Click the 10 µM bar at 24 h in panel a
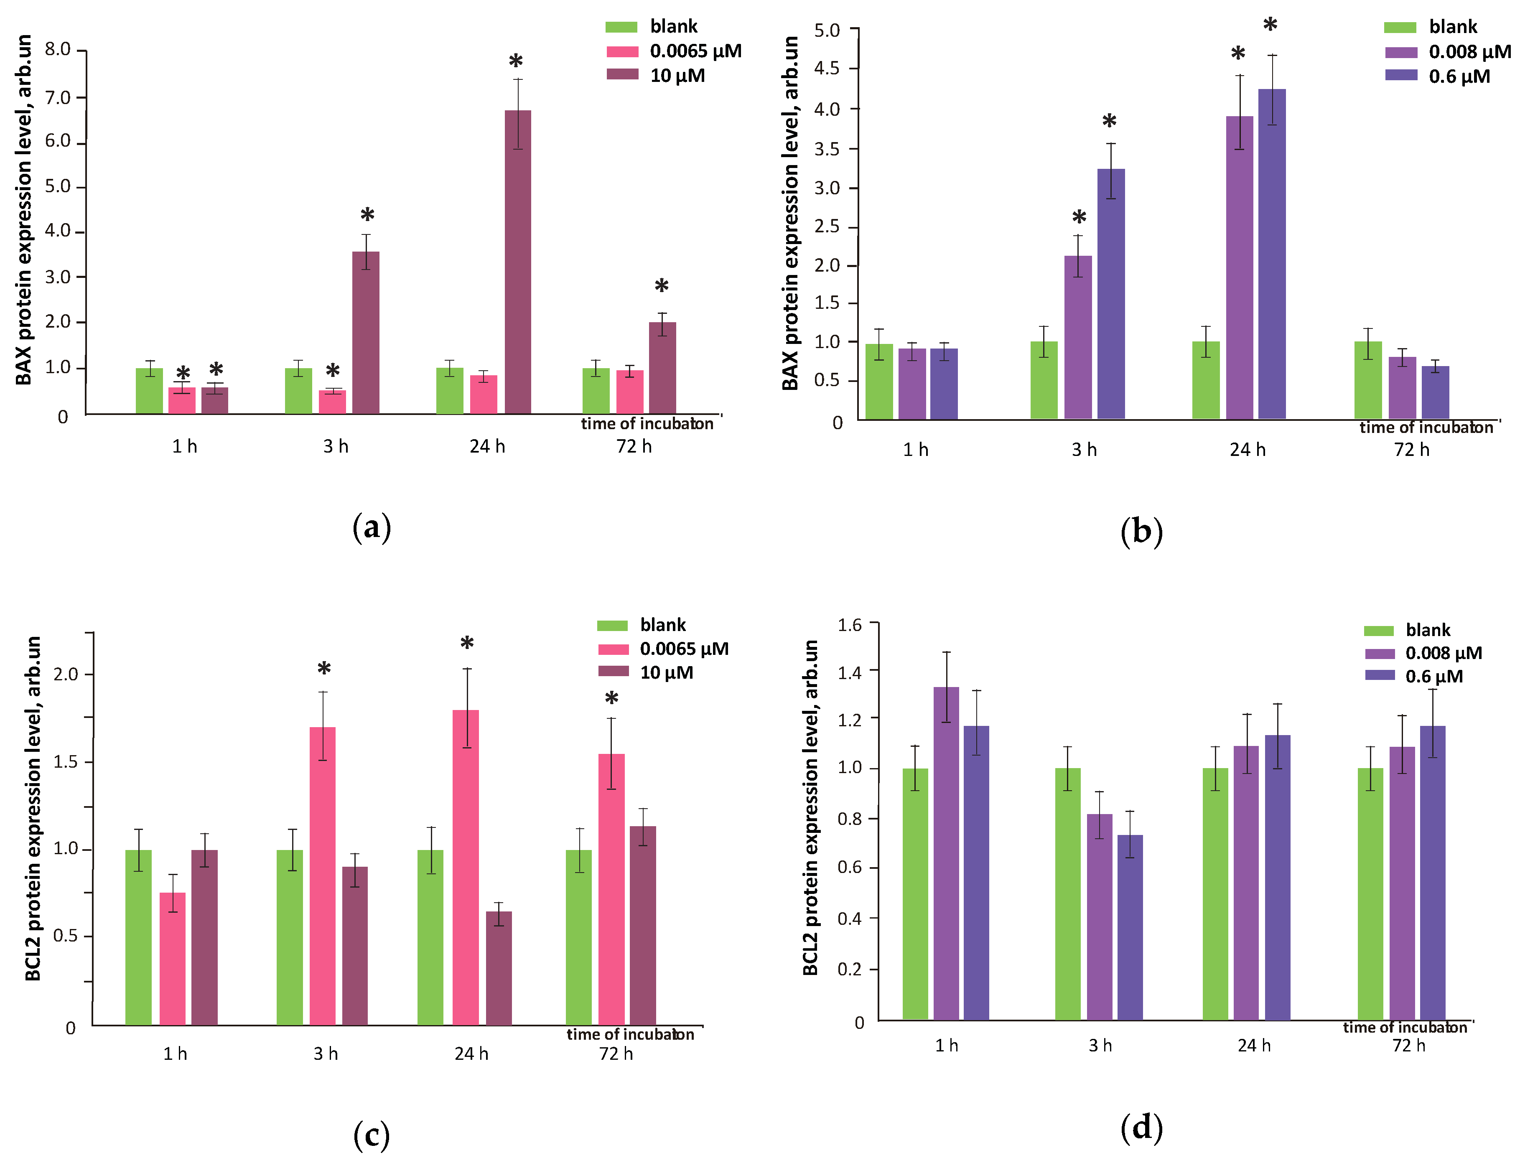[x=518, y=262]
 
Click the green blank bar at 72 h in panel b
[x=1367, y=380]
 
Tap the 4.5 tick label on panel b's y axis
[x=827, y=68]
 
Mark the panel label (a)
[x=372, y=527]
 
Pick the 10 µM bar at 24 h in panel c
[x=499, y=968]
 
